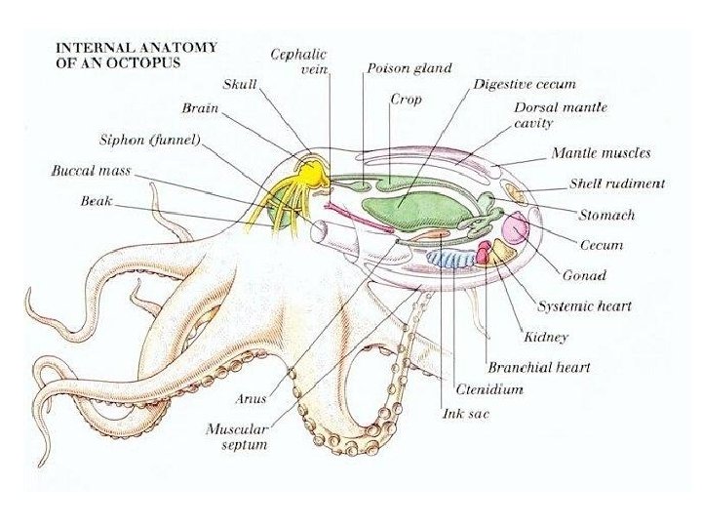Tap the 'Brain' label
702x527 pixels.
pyautogui.click(x=200, y=107)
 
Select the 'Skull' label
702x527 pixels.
pyautogui.click(x=239, y=85)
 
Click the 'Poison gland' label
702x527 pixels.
pyautogui.click(x=409, y=68)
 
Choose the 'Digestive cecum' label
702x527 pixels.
pyautogui.click(x=525, y=84)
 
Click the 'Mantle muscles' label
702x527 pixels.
pyautogui.click(x=601, y=153)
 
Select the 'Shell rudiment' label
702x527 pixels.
pyautogui.click(x=617, y=183)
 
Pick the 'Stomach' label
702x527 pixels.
pyautogui.click(x=606, y=215)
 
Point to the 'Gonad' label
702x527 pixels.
pyautogui.click(x=584, y=275)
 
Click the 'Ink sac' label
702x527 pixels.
pyautogui.click(x=465, y=414)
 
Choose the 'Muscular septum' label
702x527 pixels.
pyautogui.click(x=237, y=436)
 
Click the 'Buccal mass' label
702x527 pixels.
pyautogui.click(x=91, y=171)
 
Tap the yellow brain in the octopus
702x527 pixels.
pyautogui.click(x=311, y=174)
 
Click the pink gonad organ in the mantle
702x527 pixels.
pyautogui.click(x=515, y=229)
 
